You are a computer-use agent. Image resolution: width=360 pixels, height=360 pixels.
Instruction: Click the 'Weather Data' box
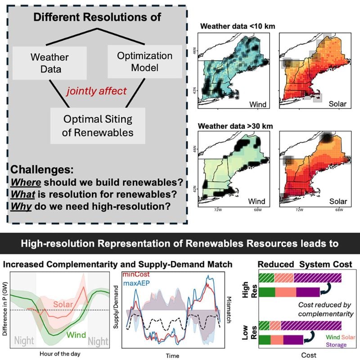click(49, 63)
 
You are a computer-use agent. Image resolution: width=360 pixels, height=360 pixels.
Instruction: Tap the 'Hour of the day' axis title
click(57, 353)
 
